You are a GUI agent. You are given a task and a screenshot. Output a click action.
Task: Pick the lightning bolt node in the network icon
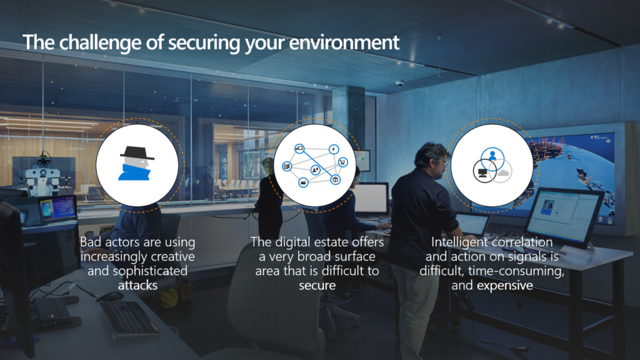point(333,149)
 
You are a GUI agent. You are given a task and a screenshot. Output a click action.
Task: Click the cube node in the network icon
point(335,179)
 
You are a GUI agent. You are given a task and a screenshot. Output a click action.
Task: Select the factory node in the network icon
point(303,182)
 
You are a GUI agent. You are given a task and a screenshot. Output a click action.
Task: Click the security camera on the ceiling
point(399,83)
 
